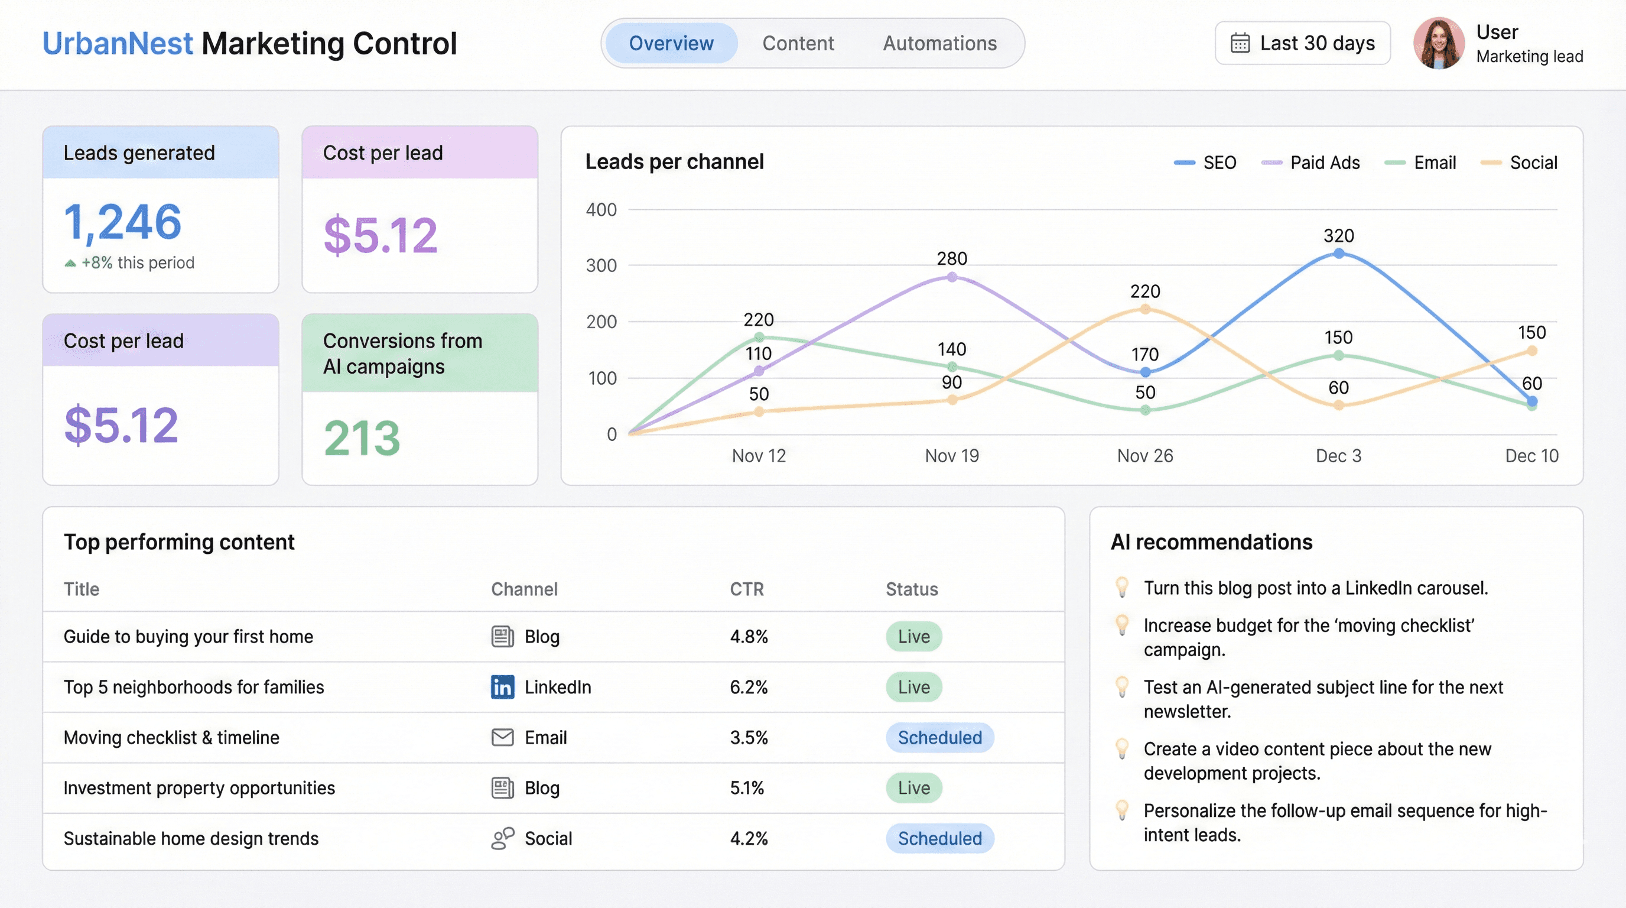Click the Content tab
[798, 43]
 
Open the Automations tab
[939, 43]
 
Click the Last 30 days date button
[1302, 43]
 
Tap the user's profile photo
[1439, 43]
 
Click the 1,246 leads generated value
[122, 222]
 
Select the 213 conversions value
[362, 437]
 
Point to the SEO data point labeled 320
[1338, 253]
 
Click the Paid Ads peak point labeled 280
[952, 277]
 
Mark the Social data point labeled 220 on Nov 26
[1145, 309]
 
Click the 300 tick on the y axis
[601, 266]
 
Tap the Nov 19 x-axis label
[952, 456]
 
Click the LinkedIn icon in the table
[502, 687]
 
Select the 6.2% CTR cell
[749, 687]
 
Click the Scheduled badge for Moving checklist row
[939, 738]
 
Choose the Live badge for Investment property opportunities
[913, 788]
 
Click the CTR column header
[747, 589]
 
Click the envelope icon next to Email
[502, 738]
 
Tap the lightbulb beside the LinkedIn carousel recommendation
[1121, 586]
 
